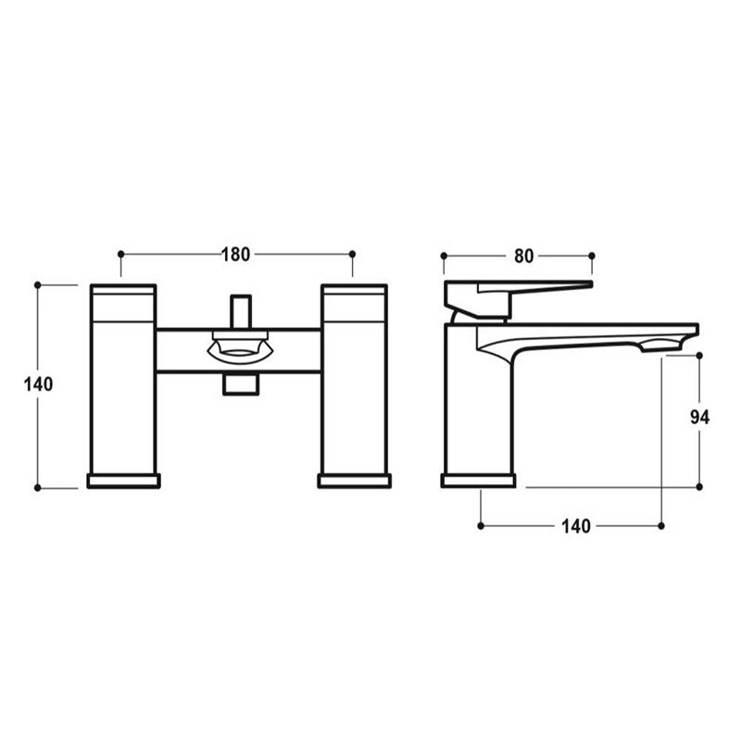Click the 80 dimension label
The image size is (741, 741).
(523, 256)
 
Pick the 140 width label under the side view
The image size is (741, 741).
(574, 526)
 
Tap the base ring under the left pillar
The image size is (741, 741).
(122, 481)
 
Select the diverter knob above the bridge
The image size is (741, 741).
(241, 310)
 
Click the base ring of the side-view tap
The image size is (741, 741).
(478, 480)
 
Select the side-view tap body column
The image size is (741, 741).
(477, 408)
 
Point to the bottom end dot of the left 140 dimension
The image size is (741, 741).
(38, 487)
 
